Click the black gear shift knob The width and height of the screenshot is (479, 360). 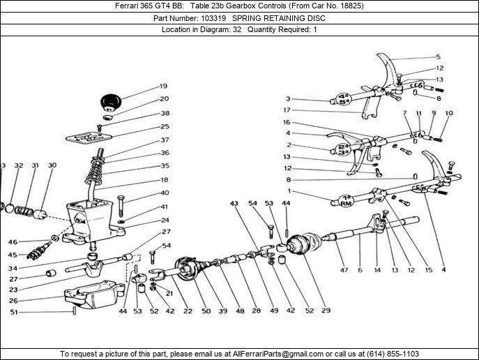point(111,102)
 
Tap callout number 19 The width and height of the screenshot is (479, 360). point(164,87)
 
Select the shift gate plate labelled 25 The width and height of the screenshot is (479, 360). point(89,137)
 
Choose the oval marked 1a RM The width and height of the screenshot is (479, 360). point(346,200)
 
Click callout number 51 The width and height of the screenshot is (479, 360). point(14,312)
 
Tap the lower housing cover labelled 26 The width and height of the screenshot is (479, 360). point(94,297)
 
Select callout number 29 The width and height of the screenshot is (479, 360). point(326,310)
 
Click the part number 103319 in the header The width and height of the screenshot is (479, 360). point(213,18)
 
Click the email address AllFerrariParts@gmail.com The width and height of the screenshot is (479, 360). point(278,354)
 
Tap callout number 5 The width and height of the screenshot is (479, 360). point(439,57)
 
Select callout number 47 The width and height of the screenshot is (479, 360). point(344,270)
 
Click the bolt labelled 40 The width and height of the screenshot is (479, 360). point(121,205)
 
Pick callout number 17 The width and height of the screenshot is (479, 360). point(287,110)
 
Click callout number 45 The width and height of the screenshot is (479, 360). point(13,255)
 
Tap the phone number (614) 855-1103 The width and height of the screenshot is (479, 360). point(393,354)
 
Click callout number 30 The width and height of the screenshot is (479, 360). point(52,165)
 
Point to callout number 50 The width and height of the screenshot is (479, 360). point(206,310)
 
